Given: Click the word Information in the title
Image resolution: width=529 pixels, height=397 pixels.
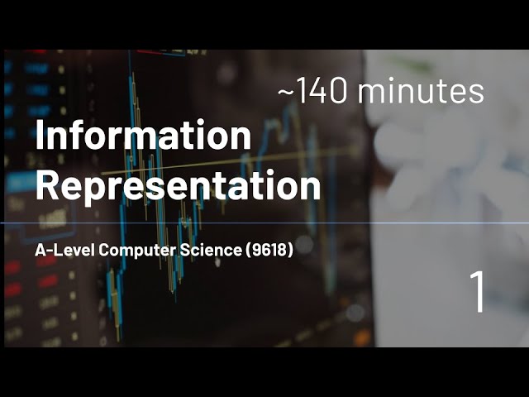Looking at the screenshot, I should (x=143, y=136).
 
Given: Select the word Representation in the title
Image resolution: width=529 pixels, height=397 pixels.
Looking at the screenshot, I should (x=178, y=186).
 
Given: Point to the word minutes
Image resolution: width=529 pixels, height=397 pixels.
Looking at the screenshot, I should (x=422, y=93).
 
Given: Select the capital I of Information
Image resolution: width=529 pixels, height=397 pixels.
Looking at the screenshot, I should (x=39, y=136).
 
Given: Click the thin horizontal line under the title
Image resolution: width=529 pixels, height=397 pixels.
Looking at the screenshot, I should (x=248, y=223).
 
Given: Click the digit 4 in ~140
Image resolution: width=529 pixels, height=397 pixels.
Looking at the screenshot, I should (x=317, y=93).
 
